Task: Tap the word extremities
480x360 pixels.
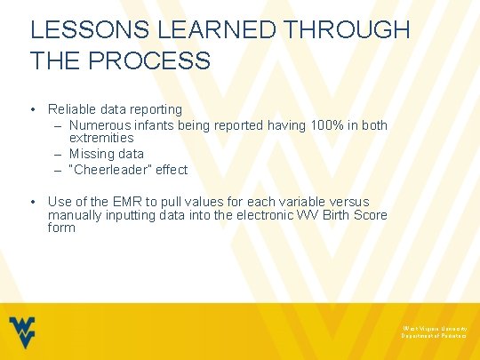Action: (101, 138)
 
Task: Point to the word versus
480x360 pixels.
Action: (348, 202)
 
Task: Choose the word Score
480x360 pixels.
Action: (366, 215)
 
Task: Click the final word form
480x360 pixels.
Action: (61, 228)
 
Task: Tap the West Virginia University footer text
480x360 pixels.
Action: (434, 328)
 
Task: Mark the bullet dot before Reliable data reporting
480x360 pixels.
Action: (33, 109)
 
